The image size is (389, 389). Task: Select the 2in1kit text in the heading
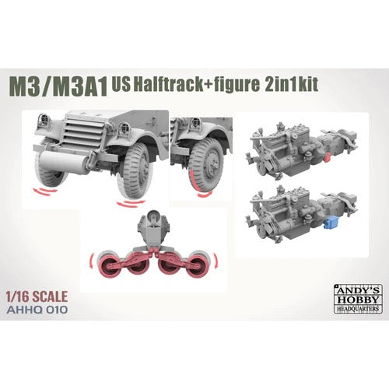click(292, 84)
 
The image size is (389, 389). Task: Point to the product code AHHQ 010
click(38, 310)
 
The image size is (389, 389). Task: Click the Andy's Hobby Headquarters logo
click(358, 299)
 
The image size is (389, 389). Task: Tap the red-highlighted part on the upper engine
click(328, 156)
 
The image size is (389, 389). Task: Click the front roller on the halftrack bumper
click(62, 162)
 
